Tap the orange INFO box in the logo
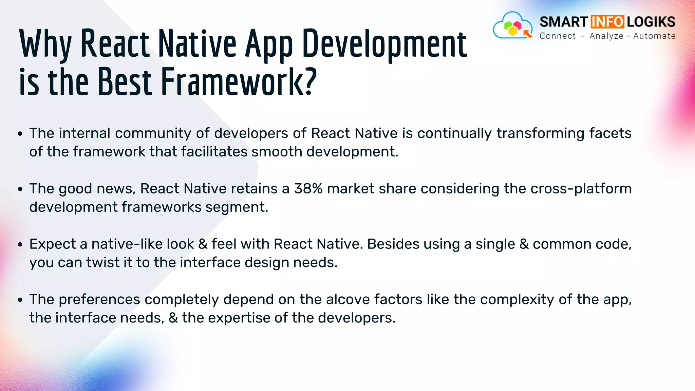(607, 22)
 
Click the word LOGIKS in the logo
(651, 22)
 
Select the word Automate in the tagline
(654, 36)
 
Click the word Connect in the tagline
(558, 36)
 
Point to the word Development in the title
(384, 44)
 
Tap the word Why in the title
(45, 44)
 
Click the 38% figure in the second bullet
(308, 189)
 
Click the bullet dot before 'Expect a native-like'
(20, 245)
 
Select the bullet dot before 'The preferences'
(20, 300)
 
